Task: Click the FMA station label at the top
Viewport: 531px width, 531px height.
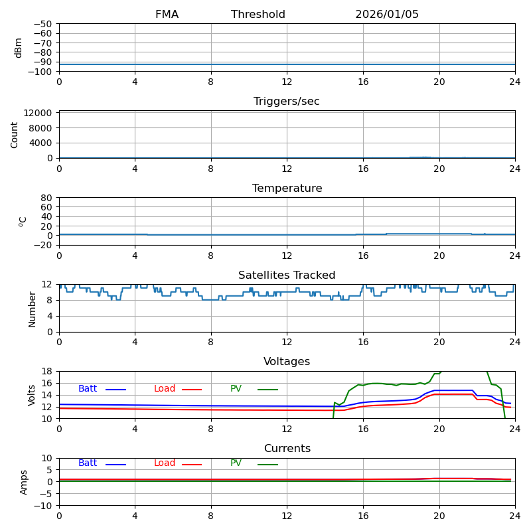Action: pyautogui.click(x=167, y=15)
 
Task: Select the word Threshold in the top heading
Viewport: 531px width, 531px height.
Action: pyautogui.click(x=258, y=15)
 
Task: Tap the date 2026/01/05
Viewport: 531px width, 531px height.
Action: pyautogui.click(x=387, y=15)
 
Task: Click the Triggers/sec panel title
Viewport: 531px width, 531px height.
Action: pyautogui.click(x=287, y=102)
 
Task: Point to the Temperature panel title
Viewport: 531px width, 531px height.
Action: pyautogui.click(x=287, y=189)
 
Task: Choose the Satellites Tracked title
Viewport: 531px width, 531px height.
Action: pyautogui.click(x=287, y=275)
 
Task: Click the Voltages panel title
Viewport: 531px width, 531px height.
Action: pyautogui.click(x=287, y=362)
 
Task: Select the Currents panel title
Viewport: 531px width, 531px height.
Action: pyautogui.click(x=287, y=449)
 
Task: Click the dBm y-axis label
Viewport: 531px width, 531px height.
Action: pyautogui.click(x=19, y=48)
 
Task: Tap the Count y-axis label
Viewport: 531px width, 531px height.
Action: pyautogui.click(x=15, y=135)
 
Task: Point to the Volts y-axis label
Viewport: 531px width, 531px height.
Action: pyautogui.click(x=32, y=395)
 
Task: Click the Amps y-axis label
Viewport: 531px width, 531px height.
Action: pyautogui.click(x=24, y=482)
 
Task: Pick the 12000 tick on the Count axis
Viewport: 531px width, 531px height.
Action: pyautogui.click(x=38, y=113)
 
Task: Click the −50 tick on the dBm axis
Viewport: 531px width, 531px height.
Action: pyautogui.click(x=42, y=24)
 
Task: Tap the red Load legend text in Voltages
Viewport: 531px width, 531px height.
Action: pyautogui.click(x=165, y=389)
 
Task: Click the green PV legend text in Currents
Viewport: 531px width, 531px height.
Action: pyautogui.click(x=236, y=463)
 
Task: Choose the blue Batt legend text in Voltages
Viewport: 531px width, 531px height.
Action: pyautogui.click(x=88, y=389)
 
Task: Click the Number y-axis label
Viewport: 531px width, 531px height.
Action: pyautogui.click(x=32, y=309)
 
